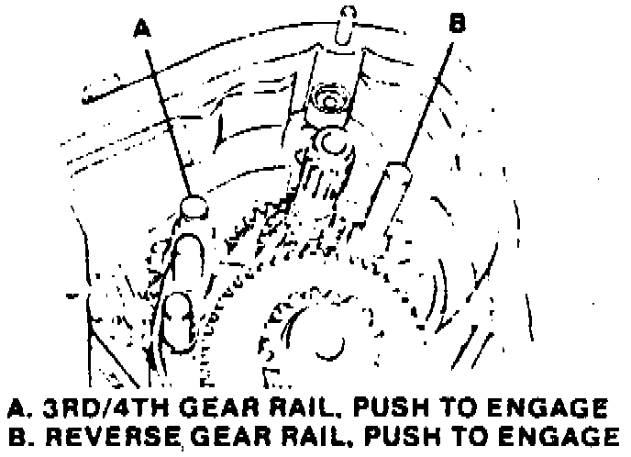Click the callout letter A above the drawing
(141, 28)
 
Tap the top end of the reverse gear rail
(397, 171)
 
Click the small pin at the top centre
(345, 20)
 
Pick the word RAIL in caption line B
(327, 438)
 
